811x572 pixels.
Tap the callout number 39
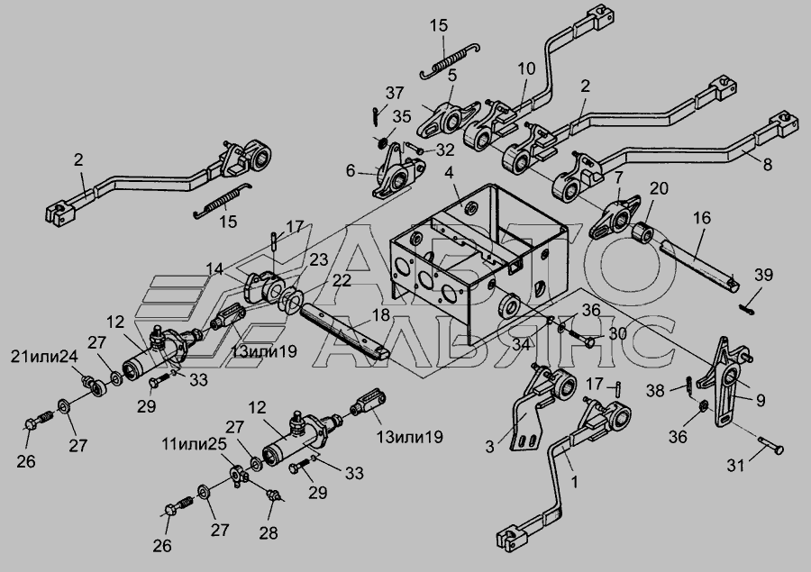(764, 275)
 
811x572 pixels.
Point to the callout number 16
(702, 218)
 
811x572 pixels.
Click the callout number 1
(575, 481)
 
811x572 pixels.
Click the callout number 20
(659, 188)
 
